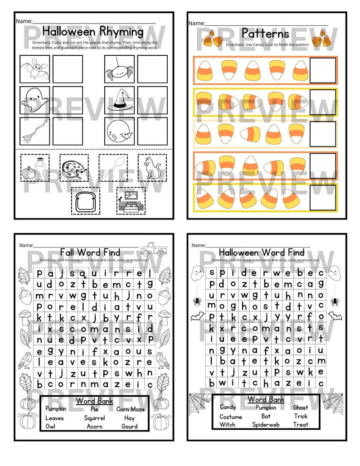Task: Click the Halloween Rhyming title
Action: (92, 32)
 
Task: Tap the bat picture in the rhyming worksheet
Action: (34, 69)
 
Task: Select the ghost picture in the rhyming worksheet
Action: (34, 100)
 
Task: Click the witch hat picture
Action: (119, 100)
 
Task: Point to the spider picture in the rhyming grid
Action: (119, 69)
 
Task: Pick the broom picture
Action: (34, 131)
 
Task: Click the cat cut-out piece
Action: (152, 168)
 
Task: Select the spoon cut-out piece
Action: (113, 168)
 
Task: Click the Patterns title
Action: (265, 34)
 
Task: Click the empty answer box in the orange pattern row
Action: (323, 70)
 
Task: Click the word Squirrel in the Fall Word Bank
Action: (94, 418)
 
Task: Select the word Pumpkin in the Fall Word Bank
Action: (56, 409)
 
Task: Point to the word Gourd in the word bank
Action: (129, 426)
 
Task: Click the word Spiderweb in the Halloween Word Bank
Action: (266, 425)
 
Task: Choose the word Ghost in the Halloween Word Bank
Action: (300, 408)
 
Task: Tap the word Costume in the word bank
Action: (231, 417)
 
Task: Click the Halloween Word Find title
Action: (262, 252)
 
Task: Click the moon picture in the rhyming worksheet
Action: (119, 131)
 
